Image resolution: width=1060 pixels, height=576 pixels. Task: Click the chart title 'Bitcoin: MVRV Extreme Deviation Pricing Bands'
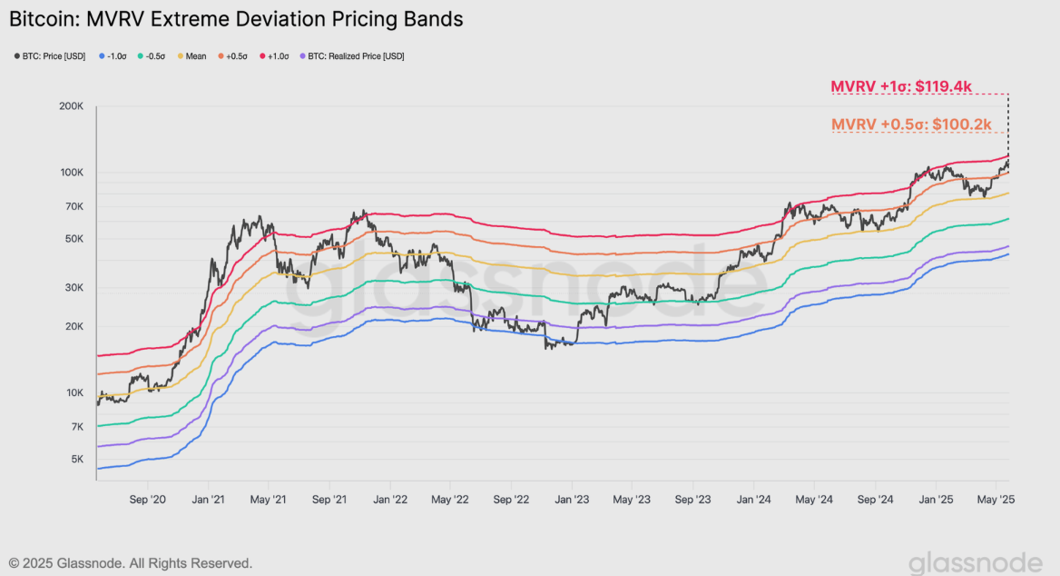pyautogui.click(x=236, y=18)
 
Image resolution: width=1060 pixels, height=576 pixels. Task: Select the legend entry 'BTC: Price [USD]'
pyautogui.click(x=50, y=56)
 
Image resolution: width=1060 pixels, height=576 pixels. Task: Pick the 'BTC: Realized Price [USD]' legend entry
pyautogui.click(x=350, y=56)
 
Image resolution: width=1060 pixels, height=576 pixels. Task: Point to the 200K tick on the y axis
pyautogui.click(x=72, y=106)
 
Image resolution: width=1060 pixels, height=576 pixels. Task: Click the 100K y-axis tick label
pyautogui.click(x=72, y=173)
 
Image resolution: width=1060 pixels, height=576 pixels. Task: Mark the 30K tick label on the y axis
pyautogui.click(x=74, y=288)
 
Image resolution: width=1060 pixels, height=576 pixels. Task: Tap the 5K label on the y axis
pyautogui.click(x=77, y=460)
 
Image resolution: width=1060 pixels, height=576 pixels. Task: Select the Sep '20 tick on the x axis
pyautogui.click(x=148, y=499)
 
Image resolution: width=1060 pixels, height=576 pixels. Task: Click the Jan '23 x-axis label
pyautogui.click(x=572, y=499)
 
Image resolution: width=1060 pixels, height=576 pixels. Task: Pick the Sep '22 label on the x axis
pyautogui.click(x=511, y=499)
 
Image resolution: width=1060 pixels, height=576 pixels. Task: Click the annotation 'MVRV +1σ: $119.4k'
pyautogui.click(x=901, y=87)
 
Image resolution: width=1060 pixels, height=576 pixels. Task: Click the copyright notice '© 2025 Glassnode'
pyautogui.click(x=131, y=563)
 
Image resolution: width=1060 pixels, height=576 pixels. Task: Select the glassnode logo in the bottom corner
pyautogui.click(x=975, y=561)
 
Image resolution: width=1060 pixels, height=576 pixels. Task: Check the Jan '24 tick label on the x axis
pyautogui.click(x=754, y=499)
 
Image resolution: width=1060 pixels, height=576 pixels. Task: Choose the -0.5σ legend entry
pyautogui.click(x=152, y=56)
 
